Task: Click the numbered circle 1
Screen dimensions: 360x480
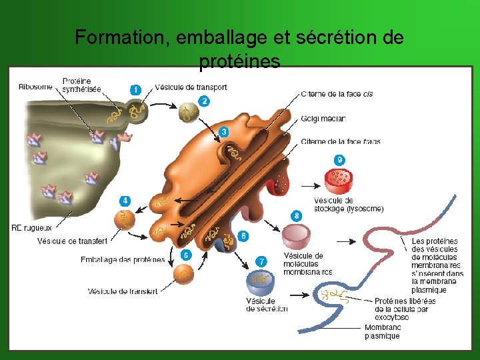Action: coord(135,89)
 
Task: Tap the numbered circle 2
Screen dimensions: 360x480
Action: coord(204,101)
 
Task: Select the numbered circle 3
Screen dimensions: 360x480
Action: coord(224,132)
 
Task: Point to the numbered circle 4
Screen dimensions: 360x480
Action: coord(125,200)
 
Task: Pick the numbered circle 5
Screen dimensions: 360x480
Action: coord(186,255)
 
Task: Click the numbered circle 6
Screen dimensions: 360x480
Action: coord(243,236)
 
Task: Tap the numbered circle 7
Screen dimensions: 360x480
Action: coord(262,261)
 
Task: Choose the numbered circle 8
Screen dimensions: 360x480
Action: coord(296,215)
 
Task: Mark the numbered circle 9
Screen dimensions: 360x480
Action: coord(340,160)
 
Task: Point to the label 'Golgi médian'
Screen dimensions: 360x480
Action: coord(323,119)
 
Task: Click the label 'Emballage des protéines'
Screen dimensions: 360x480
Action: coord(122,259)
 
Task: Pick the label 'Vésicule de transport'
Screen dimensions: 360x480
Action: coord(191,87)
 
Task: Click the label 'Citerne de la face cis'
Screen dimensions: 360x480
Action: coord(337,94)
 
